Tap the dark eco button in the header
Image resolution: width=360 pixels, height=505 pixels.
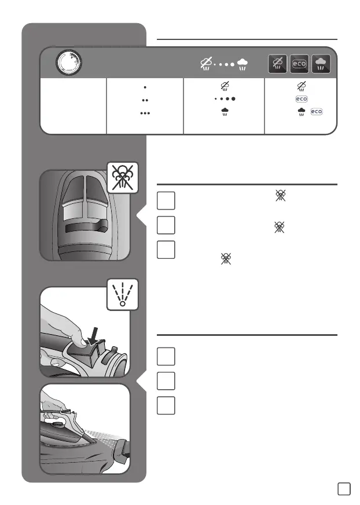[299, 63]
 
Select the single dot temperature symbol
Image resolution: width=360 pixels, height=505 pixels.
[145, 87]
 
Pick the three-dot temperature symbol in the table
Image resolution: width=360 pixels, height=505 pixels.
[145, 115]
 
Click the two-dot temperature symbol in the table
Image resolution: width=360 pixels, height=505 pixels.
[145, 100]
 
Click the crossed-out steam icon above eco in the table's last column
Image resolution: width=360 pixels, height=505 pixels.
[300, 87]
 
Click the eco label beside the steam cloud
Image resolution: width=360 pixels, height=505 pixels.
[316, 112]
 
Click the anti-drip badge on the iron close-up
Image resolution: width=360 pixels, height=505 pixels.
[123, 177]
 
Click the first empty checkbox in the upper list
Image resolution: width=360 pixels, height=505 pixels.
[166, 200]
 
